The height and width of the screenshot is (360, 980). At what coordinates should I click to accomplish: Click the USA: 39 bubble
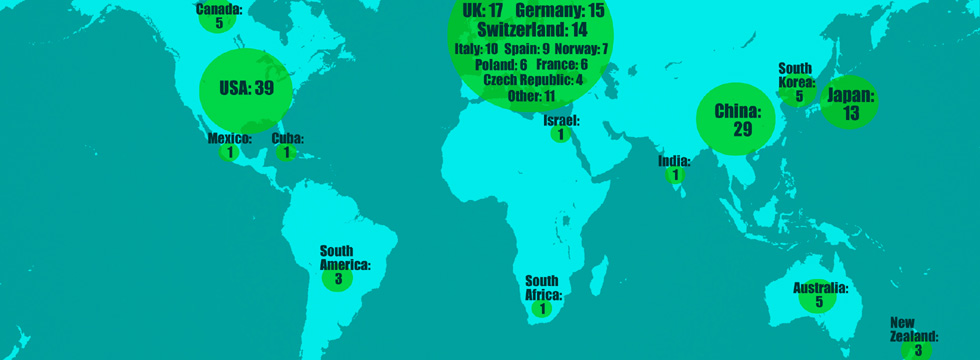(245, 89)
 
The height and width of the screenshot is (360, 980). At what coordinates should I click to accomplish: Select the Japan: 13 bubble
(850, 103)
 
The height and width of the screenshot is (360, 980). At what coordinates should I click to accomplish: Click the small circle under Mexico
(231, 153)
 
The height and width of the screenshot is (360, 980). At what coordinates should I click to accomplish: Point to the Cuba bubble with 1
(286, 153)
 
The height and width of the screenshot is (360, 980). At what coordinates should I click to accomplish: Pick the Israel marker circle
(561, 134)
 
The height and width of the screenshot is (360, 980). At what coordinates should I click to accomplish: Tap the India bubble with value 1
(675, 175)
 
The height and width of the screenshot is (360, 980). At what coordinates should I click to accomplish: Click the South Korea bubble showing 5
(799, 96)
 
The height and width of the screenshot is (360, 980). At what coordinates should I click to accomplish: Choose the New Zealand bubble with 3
(916, 350)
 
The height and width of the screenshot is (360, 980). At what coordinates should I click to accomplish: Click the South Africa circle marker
(542, 309)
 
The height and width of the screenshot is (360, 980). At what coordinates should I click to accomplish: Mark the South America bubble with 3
(338, 279)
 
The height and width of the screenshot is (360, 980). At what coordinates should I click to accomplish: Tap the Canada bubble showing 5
(218, 21)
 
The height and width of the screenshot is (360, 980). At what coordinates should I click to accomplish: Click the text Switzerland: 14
(532, 30)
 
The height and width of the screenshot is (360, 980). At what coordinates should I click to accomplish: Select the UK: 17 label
(483, 10)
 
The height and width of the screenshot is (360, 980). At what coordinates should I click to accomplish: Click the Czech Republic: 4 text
(532, 80)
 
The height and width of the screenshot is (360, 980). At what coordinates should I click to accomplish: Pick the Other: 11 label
(531, 96)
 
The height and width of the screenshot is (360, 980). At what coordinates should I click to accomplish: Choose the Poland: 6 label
(502, 64)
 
